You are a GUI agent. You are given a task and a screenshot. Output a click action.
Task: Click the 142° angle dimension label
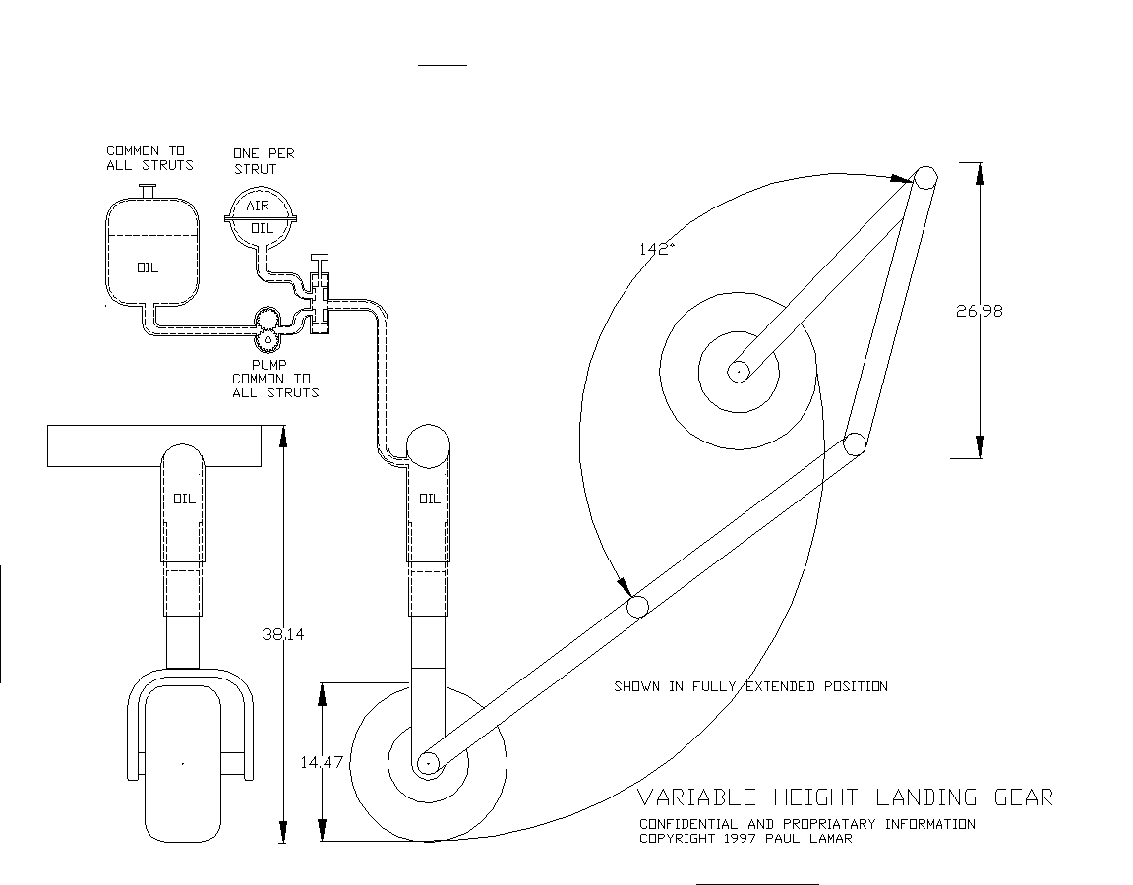656,249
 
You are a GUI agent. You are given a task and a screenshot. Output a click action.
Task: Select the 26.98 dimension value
980,311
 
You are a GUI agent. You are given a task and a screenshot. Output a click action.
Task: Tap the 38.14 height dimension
282,634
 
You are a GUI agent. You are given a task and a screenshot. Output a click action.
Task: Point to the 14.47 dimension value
322,761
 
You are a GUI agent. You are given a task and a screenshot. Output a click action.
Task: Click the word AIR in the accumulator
258,206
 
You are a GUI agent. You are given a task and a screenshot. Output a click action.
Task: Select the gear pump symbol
268,325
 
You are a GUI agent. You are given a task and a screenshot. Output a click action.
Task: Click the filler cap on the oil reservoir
149,191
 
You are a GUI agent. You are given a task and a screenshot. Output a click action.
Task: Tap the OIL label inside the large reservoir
148,268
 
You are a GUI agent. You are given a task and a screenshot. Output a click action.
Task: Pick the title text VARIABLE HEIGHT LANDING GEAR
846,797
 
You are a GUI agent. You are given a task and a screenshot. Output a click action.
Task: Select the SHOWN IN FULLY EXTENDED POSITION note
750,686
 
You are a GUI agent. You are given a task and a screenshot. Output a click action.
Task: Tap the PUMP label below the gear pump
268,365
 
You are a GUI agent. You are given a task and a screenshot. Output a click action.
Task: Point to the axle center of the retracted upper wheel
738,372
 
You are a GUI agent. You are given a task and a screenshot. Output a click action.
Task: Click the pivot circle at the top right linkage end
925,178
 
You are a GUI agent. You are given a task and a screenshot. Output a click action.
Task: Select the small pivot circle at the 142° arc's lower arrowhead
637,606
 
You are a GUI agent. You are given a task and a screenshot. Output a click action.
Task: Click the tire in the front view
183,764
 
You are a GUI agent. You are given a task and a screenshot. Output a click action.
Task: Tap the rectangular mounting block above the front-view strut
154,445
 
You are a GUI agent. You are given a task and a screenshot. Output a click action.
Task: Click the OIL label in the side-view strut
429,499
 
